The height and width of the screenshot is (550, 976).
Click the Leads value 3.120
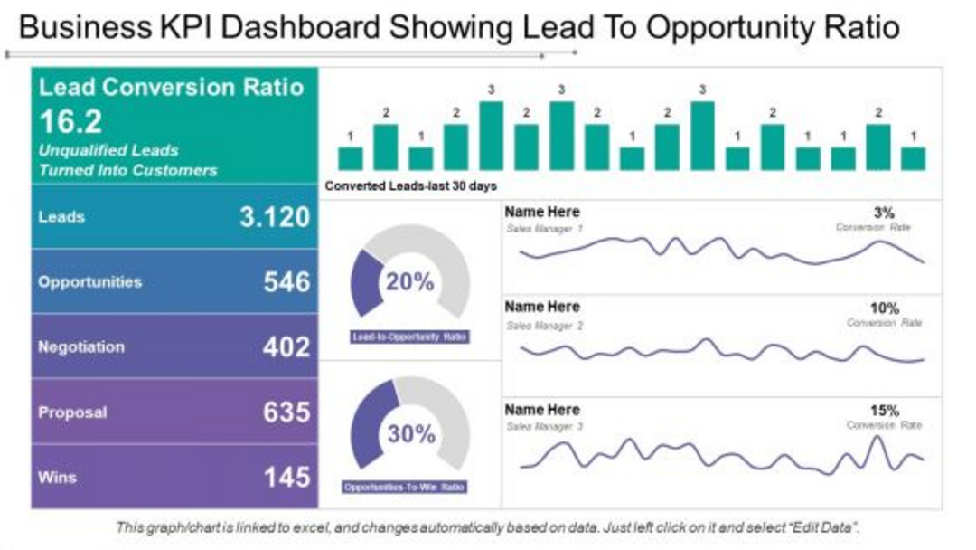[x=275, y=217]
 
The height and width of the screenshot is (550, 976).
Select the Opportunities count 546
[x=286, y=281]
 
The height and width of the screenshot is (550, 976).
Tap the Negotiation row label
[x=81, y=346]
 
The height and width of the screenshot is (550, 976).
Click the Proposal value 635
[x=286, y=412]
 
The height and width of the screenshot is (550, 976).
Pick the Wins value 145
[x=286, y=477]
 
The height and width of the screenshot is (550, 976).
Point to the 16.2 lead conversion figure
[x=70, y=122]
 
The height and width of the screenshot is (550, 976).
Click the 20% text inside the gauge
[x=410, y=282]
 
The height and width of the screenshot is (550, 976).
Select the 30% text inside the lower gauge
[x=411, y=434]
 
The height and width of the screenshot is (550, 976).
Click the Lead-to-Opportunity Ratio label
[x=410, y=337]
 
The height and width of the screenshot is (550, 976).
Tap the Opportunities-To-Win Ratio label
[x=406, y=487]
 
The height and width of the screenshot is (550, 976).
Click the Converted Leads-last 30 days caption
[x=410, y=186]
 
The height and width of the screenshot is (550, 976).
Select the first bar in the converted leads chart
[x=350, y=158]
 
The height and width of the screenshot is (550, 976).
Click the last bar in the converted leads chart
[x=914, y=158]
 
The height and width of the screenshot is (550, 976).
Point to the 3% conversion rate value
[x=884, y=213]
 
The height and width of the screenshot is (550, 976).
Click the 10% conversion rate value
[x=885, y=308]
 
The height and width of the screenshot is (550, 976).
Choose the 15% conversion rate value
[x=885, y=411]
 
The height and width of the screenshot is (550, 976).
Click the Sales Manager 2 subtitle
[x=544, y=325]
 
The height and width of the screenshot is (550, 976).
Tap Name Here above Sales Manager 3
[x=542, y=410]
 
